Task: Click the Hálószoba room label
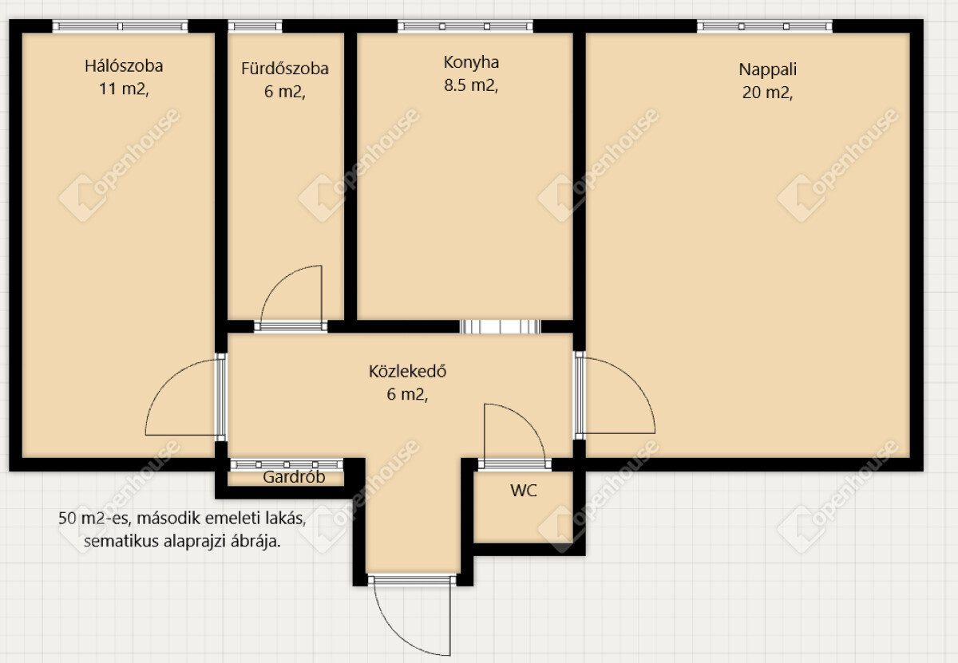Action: pos(124,66)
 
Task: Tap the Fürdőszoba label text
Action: pos(285,69)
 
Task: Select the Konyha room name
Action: pos(471,63)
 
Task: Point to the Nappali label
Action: pos(768,69)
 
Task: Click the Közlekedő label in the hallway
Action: pos(408,371)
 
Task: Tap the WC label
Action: pos(524,491)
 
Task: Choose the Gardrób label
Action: pos(294,476)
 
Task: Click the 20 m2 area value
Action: pos(767,93)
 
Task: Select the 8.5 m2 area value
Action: pos(471,85)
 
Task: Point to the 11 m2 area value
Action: pos(124,89)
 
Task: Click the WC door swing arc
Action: pos(528,420)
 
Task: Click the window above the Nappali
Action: pos(764,26)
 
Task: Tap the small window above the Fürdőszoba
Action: pos(255,26)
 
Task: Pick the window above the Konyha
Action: pos(465,26)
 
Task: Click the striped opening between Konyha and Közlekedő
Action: pos(501,326)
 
